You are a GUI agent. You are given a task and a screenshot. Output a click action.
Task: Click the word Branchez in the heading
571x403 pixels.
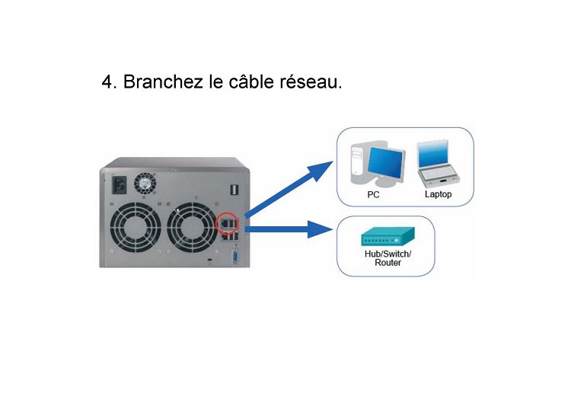pos(163,82)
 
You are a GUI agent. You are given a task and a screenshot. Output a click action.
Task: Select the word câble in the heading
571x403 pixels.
pos(251,81)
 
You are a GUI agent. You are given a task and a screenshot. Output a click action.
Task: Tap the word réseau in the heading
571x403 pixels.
pos(311,82)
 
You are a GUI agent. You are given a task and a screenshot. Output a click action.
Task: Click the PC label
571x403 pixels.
pos(373,195)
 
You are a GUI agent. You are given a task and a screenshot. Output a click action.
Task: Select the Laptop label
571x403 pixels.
pos(438,194)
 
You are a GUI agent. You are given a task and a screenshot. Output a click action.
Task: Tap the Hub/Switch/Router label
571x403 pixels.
pos(388,258)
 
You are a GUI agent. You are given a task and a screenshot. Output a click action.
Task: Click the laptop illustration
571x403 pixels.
pos(438,163)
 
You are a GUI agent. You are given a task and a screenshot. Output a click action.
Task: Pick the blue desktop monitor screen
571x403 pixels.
pos(385,162)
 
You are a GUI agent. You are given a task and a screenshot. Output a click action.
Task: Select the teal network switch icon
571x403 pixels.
pos(388,236)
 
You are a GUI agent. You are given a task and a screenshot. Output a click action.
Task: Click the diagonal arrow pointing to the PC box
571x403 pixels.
pos(289,190)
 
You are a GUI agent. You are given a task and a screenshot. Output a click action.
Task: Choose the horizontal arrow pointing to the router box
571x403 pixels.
pos(289,229)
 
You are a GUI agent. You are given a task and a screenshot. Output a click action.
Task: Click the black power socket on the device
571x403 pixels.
pos(118,185)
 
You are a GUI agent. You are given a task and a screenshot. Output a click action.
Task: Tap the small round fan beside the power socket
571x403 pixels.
pos(145,184)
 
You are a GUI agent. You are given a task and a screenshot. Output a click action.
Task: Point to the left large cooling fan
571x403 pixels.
pos(134,227)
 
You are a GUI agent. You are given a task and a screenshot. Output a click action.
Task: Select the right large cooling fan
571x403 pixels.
pos(193,227)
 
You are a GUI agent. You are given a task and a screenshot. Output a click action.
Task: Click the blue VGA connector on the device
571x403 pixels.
pos(234,257)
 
